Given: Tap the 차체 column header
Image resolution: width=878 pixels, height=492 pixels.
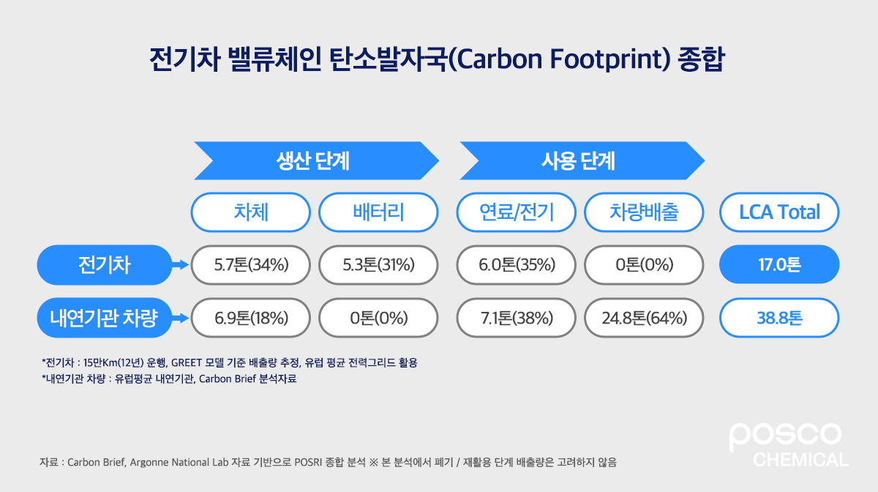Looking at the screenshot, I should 251,212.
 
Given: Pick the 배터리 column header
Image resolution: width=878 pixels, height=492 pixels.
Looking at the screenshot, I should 378,212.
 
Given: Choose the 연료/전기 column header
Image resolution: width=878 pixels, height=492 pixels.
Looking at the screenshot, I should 517,212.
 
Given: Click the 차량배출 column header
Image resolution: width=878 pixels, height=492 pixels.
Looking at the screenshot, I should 644,212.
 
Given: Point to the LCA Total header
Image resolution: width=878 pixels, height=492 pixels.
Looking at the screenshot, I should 779,212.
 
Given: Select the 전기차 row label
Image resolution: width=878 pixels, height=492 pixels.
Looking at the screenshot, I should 103,264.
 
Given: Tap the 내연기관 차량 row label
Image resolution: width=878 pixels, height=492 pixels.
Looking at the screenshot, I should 103,318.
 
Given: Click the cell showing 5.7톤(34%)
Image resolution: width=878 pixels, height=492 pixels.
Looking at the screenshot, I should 251,264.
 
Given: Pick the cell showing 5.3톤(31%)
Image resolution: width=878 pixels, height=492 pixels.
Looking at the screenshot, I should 378,264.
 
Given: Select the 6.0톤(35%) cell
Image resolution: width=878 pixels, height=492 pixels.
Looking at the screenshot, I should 517,264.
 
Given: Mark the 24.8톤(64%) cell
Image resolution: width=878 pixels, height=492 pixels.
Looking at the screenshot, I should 644,318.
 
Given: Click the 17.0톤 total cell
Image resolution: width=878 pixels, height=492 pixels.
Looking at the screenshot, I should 779,264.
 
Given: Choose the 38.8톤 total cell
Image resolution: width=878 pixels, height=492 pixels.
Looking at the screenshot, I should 779,318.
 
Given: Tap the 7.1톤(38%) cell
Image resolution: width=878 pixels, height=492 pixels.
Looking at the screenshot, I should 517,318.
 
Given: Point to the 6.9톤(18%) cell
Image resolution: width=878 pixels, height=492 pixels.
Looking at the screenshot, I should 251,318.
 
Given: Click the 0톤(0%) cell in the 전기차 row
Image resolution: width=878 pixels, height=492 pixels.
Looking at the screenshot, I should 644,264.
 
